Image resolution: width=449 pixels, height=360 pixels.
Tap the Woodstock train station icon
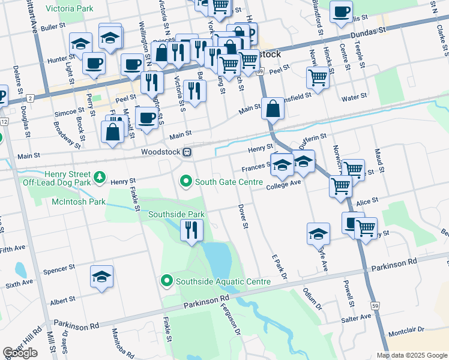(x=188, y=152)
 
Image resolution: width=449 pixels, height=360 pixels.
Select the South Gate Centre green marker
(x=186, y=181)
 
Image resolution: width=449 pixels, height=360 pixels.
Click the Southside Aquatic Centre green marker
(x=167, y=280)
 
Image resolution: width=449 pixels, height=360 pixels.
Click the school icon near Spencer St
(x=102, y=276)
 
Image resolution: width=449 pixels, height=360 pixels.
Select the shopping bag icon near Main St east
(x=273, y=109)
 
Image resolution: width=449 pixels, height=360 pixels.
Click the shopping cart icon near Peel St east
(x=317, y=77)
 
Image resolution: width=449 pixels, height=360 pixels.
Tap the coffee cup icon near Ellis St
(x=342, y=12)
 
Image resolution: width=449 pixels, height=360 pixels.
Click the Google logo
(x=20, y=353)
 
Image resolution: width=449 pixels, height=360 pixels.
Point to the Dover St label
(x=243, y=218)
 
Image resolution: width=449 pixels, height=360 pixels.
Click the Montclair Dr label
(x=406, y=330)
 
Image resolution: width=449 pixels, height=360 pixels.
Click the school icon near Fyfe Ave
(x=318, y=234)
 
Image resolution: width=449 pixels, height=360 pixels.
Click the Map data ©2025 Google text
(x=411, y=355)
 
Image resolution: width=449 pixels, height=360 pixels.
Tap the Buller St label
(x=53, y=27)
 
